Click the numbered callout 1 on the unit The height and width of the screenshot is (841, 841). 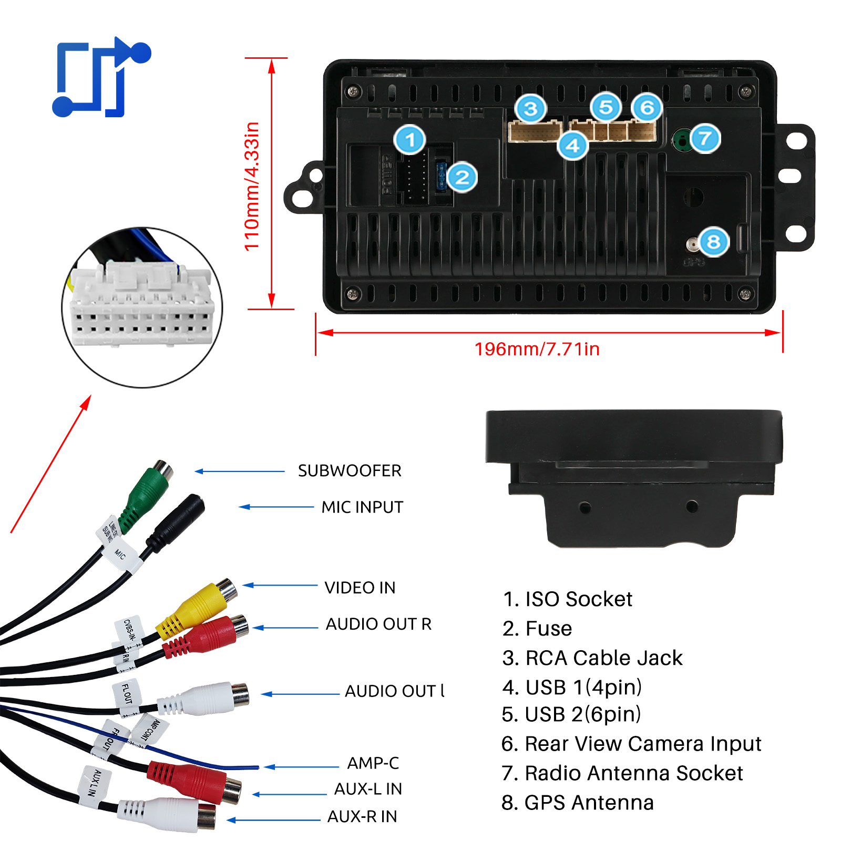pos(410,140)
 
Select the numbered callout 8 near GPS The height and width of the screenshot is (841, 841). pos(713,242)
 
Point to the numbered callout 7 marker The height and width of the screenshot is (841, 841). pos(705,139)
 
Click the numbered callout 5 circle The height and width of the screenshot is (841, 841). pos(606,107)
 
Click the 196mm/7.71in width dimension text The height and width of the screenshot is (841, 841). pos(537,349)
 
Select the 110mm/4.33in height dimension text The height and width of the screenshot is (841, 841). pos(252,186)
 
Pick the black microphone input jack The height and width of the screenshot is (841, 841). pos(176,520)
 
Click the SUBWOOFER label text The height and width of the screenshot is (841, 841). pos(350,470)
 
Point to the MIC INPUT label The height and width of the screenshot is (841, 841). pos(362,507)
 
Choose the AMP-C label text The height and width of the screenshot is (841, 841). pos(373,763)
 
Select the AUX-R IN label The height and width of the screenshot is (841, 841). pos(362,816)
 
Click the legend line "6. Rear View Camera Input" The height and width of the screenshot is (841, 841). pos(631,744)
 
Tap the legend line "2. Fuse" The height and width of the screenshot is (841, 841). pos(537,629)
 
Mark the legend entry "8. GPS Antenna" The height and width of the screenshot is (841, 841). pos(578,803)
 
